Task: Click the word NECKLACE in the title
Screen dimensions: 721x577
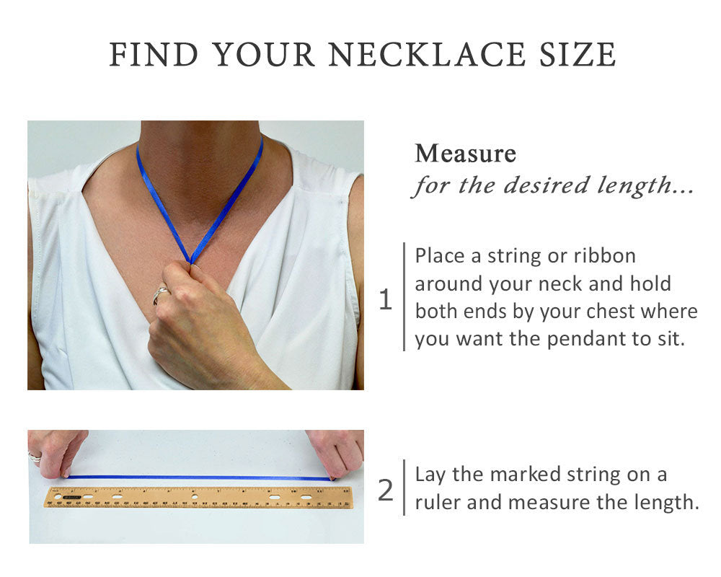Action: click(427, 55)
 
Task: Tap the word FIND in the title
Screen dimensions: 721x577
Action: click(154, 55)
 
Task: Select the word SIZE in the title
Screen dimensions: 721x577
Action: click(578, 55)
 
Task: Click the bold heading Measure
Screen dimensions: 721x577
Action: click(465, 154)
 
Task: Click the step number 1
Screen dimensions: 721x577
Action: click(385, 300)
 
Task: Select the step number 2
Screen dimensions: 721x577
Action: click(385, 490)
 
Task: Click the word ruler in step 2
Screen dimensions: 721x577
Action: click(438, 502)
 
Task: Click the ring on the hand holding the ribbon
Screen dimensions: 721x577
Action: click(161, 294)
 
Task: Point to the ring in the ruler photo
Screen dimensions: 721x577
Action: click(35, 456)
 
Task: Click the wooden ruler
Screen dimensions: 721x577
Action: click(199, 497)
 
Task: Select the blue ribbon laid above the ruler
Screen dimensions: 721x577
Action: click(200, 477)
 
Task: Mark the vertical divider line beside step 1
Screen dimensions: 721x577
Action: click(404, 296)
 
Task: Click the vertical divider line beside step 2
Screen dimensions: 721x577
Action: click(404, 488)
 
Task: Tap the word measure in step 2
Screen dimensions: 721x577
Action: click(549, 502)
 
